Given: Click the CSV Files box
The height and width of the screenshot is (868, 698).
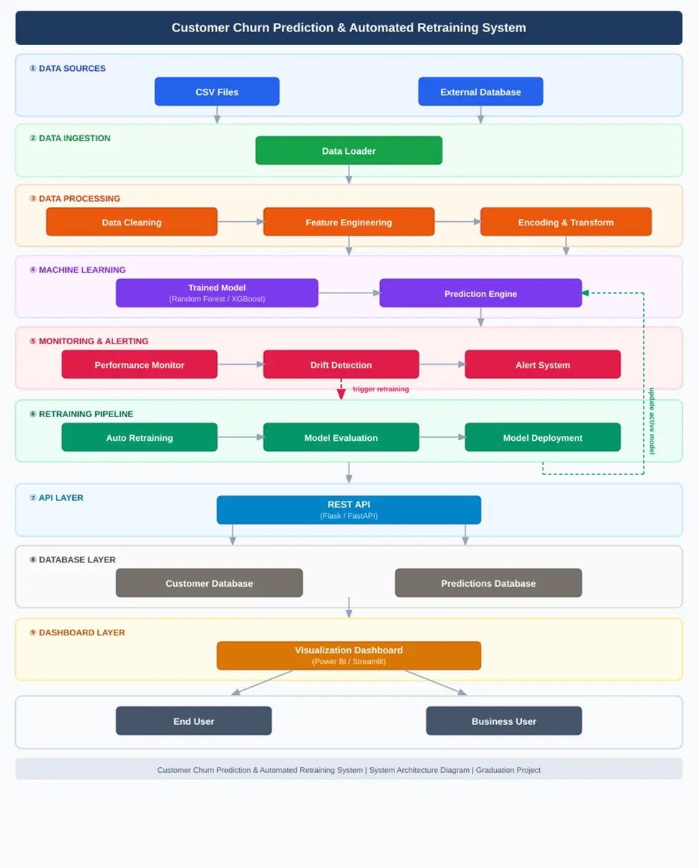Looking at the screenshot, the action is pyautogui.click(x=217, y=92).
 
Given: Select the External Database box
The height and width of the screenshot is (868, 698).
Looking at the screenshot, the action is pyautogui.click(x=480, y=92).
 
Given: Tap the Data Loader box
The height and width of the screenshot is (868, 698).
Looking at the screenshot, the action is pyautogui.click(x=349, y=150).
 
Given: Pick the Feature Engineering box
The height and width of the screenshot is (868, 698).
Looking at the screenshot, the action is pyautogui.click(x=349, y=222).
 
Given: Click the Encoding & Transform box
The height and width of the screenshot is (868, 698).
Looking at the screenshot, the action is pyautogui.click(x=566, y=222).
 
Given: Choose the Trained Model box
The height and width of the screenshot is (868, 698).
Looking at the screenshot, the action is pyautogui.click(x=217, y=293).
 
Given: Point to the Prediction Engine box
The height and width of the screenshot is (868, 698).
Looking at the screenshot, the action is pyautogui.click(x=480, y=293).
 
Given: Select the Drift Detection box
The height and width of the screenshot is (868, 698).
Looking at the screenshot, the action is pyautogui.click(x=341, y=364).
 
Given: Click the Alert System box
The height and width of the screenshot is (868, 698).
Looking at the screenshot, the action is pyautogui.click(x=543, y=364).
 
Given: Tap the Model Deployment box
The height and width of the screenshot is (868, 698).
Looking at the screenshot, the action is pyautogui.click(x=543, y=437).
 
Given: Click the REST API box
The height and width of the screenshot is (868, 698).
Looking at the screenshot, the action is pyautogui.click(x=349, y=509).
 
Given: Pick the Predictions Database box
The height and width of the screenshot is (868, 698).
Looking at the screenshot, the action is pyautogui.click(x=488, y=582).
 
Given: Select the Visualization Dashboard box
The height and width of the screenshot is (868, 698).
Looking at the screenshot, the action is pyautogui.click(x=349, y=655).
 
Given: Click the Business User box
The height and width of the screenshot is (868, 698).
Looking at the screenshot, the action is pyautogui.click(x=504, y=721).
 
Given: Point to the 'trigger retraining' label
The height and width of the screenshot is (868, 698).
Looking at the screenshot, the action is pyautogui.click(x=381, y=389).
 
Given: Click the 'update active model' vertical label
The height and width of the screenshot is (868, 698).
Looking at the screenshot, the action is pyautogui.click(x=652, y=421).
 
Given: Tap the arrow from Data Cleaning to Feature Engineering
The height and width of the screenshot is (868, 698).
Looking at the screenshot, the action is pyautogui.click(x=241, y=221).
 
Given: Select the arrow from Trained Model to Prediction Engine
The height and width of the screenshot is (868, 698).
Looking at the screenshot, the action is pyautogui.click(x=349, y=293).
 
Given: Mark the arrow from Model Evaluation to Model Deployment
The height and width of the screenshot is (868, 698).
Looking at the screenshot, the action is pyautogui.click(x=442, y=437).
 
